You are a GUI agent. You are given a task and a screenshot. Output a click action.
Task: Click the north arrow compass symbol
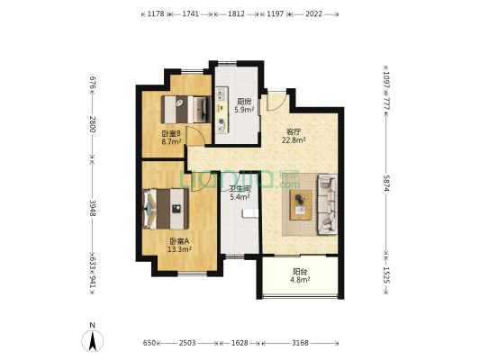point(92,340)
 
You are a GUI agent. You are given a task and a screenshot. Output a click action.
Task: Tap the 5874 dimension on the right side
point(386,184)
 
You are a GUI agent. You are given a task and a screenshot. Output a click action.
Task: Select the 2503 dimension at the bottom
point(187,343)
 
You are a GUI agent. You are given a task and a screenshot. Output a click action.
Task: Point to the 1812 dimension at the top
point(236,13)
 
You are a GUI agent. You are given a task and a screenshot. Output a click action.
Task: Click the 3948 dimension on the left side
point(93,208)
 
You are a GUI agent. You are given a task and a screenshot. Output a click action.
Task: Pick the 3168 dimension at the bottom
point(300,343)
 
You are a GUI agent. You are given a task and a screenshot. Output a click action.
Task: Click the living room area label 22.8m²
point(294,140)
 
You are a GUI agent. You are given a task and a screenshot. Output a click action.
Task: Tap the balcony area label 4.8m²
point(300,280)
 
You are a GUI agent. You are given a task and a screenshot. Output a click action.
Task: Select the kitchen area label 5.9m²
point(244,110)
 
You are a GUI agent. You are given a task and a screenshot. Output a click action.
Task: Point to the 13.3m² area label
point(179,249)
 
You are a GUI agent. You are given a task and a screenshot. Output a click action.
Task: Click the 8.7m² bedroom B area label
point(171,141)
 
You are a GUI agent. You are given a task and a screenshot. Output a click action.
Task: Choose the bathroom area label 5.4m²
point(240,197)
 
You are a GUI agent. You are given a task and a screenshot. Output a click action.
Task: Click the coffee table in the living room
point(301,204)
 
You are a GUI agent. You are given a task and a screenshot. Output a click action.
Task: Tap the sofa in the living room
point(327,204)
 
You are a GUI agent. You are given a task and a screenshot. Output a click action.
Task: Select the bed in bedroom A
point(166,209)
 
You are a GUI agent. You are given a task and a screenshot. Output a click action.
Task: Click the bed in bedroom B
point(186,110)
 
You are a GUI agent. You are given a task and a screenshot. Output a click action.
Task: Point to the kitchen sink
point(222,94)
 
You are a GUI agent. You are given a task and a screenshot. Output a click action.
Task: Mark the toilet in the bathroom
point(249,213)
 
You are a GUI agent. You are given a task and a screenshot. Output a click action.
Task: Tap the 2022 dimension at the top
point(314,13)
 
